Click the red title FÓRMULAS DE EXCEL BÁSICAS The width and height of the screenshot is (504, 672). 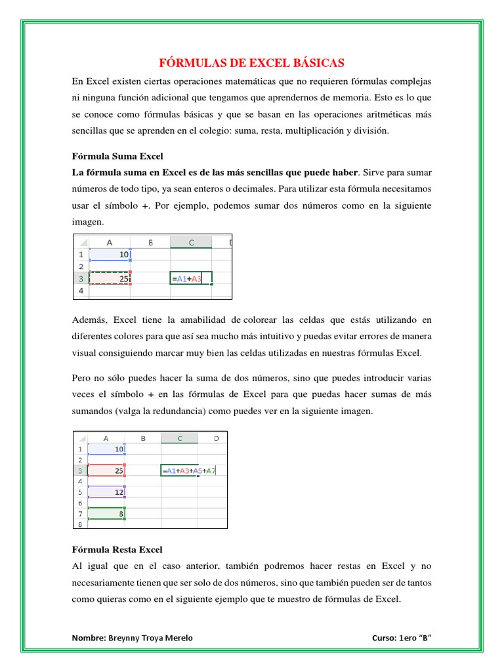pos(252,63)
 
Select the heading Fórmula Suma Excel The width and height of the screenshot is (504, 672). pos(116,156)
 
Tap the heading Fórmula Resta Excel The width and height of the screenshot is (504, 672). pos(116,549)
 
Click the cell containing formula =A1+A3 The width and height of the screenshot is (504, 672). pos(190,279)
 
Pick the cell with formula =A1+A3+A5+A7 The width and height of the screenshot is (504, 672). pos(189,471)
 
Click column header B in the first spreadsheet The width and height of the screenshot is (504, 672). pos(150,242)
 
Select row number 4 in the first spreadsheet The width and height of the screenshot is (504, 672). pos(81,291)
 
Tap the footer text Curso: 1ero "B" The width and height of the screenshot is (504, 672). pos(405,638)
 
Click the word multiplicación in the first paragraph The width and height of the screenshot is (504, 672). pos(311,131)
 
